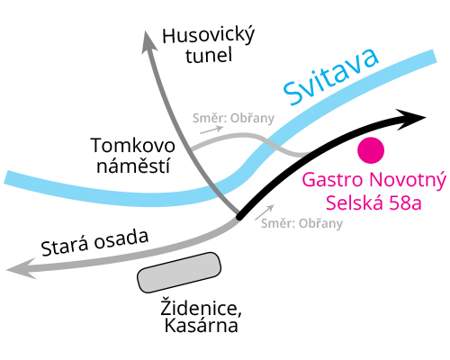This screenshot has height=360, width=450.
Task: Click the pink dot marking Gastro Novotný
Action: pyautogui.click(x=371, y=148)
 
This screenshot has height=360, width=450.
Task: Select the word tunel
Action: pyautogui.click(x=208, y=56)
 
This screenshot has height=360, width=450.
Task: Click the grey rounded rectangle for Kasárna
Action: pyautogui.click(x=178, y=272)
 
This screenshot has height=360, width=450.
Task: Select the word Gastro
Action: pyautogui.click(x=329, y=180)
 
